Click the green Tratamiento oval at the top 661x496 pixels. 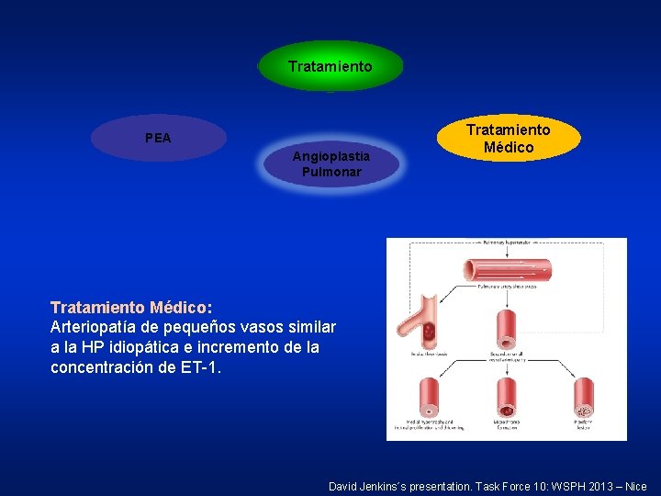[x=330, y=66]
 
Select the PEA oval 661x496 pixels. [x=159, y=138]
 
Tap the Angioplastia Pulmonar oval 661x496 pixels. [x=331, y=164]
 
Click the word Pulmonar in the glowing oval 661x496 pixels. [x=331, y=172]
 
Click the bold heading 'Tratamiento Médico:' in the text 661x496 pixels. [x=131, y=306]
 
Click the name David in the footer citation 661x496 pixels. [x=347, y=486]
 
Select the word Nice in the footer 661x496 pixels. [x=633, y=486]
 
